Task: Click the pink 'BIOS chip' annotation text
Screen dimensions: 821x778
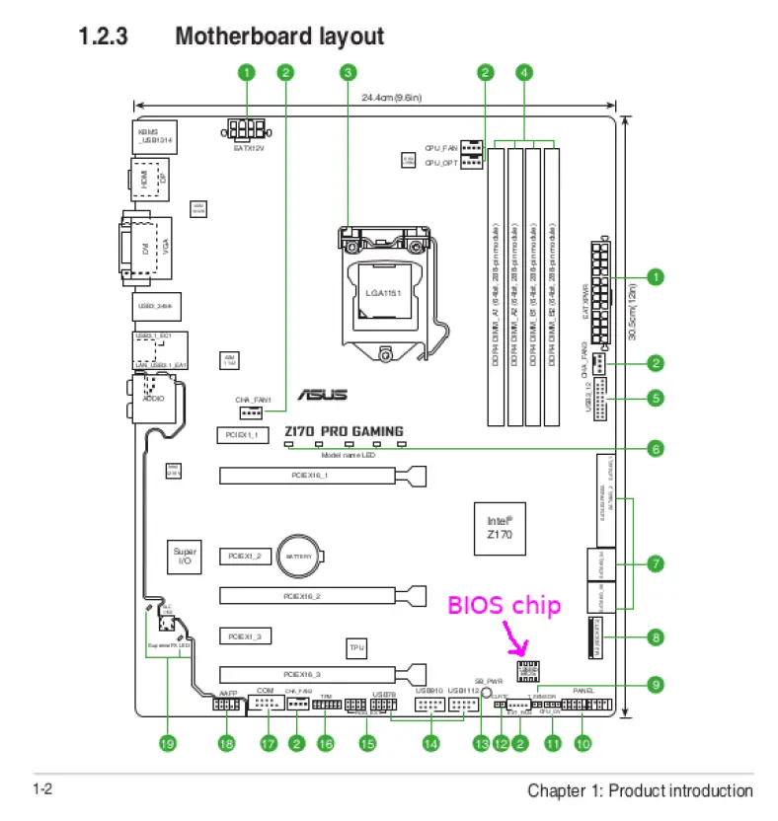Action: [x=505, y=606]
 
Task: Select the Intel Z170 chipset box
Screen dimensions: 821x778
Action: [x=500, y=526]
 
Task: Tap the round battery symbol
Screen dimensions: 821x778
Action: [x=299, y=558]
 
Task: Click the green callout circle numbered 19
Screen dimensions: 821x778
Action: [x=168, y=744]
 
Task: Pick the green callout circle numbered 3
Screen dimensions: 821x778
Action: [x=348, y=72]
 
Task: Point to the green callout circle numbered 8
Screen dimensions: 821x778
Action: [x=655, y=637]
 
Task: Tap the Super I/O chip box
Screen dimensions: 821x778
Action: [x=185, y=558]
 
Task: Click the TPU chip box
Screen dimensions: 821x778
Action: [x=356, y=648]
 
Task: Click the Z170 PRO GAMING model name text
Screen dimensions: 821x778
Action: [x=344, y=431]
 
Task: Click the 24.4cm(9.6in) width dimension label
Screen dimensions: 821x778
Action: [x=391, y=98]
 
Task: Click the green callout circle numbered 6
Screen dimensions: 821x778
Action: [x=655, y=448]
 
